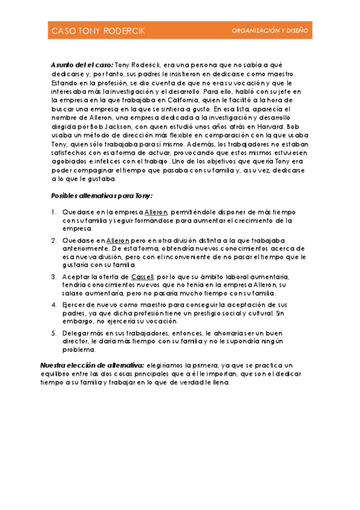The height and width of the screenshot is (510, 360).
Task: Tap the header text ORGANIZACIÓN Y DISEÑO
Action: coord(270,29)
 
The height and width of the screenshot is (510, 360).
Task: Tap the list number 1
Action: coord(53,212)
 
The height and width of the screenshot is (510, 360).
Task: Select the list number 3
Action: coord(53,276)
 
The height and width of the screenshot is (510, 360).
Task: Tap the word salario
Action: coord(75,293)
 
